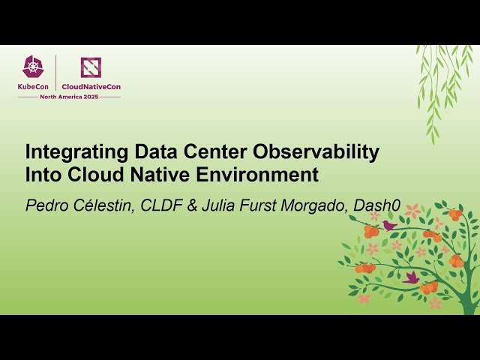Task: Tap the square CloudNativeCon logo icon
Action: [91, 67]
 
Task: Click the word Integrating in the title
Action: [70, 152]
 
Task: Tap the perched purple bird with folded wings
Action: [388, 224]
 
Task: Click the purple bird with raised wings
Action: [411, 277]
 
